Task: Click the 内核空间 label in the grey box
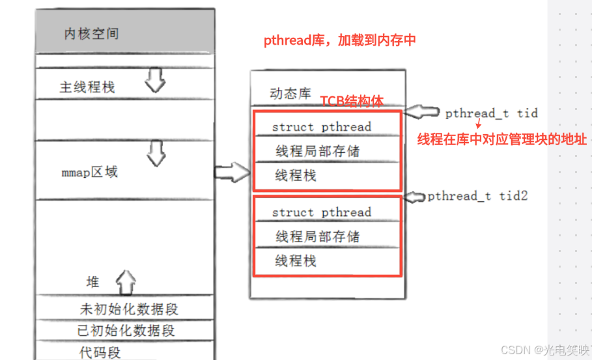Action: click(x=92, y=34)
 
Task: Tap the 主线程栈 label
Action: click(x=87, y=87)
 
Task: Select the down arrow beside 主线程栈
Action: click(x=155, y=80)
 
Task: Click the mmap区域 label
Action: click(x=89, y=172)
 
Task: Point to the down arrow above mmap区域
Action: click(x=156, y=153)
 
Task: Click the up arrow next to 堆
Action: click(x=126, y=283)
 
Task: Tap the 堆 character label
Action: click(x=93, y=282)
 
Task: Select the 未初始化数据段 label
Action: click(x=129, y=309)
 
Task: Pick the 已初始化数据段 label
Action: click(x=126, y=331)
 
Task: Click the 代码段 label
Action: click(x=100, y=352)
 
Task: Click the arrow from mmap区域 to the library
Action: click(x=233, y=173)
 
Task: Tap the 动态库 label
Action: click(x=290, y=93)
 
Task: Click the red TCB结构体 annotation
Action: click(x=352, y=101)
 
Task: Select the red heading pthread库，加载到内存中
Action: click(x=340, y=40)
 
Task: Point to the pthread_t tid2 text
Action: click(x=477, y=196)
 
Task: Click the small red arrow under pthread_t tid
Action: click(x=479, y=124)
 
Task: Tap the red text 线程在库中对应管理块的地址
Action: click(x=501, y=139)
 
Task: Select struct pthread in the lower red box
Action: click(x=322, y=212)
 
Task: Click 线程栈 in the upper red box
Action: click(x=296, y=176)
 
